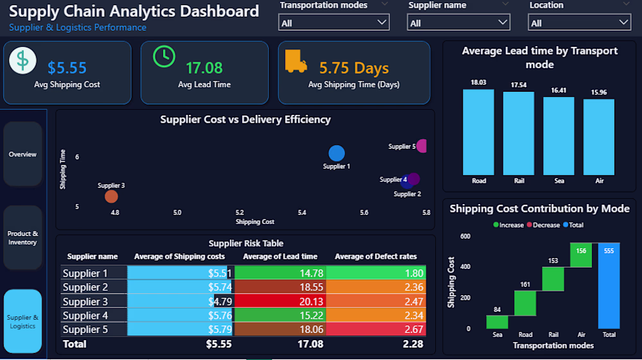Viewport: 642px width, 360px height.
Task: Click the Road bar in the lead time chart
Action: click(x=478, y=132)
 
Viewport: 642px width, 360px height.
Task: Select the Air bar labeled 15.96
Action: click(x=599, y=136)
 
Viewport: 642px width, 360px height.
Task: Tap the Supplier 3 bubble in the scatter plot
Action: click(x=111, y=196)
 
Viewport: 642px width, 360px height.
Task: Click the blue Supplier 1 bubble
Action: click(x=336, y=153)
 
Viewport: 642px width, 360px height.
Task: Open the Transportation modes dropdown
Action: click(x=334, y=22)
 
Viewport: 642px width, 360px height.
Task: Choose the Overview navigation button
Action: click(x=22, y=154)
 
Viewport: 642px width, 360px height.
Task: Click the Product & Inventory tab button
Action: click(x=22, y=237)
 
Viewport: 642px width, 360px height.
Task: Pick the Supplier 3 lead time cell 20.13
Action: click(x=280, y=302)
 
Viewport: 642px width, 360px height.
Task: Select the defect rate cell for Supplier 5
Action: click(x=376, y=329)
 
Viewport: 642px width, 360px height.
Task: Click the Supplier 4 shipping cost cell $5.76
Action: click(x=180, y=315)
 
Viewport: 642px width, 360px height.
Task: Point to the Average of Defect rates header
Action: click(x=376, y=257)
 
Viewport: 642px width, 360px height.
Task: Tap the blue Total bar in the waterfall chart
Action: click(x=609, y=286)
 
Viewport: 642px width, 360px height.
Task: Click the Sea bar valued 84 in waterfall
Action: click(x=497, y=322)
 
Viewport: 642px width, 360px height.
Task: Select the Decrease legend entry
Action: click(x=543, y=225)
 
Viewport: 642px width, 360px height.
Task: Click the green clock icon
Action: click(x=164, y=56)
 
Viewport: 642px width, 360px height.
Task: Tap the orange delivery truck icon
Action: click(x=296, y=61)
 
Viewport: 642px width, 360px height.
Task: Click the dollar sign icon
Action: click(x=22, y=60)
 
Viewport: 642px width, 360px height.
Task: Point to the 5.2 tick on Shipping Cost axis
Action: click(x=239, y=212)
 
